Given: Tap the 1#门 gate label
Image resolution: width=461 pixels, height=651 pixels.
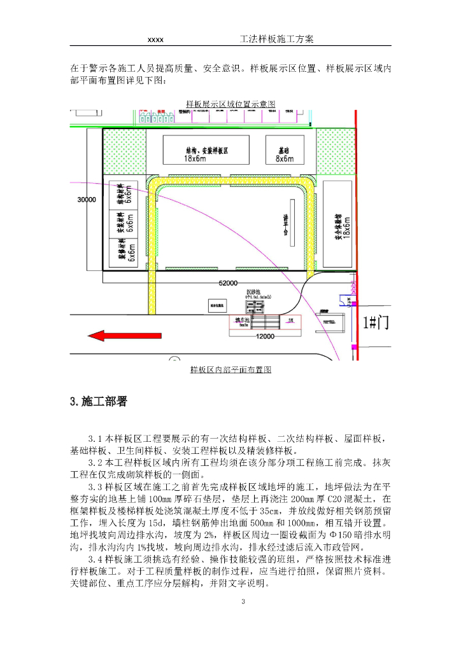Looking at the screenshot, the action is click(x=375, y=323).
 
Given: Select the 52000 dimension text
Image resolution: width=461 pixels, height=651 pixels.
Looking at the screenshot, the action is click(x=227, y=283).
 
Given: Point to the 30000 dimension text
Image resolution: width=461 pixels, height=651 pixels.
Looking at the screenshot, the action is click(x=86, y=200).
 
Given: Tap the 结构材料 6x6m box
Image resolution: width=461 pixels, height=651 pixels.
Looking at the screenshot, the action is click(x=125, y=195).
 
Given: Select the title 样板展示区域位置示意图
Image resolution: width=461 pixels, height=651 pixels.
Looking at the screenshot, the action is click(x=230, y=104).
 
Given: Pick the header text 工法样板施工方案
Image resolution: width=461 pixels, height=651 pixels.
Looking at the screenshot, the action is click(x=276, y=39).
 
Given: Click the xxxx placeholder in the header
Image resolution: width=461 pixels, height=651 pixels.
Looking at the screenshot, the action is click(x=155, y=40).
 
